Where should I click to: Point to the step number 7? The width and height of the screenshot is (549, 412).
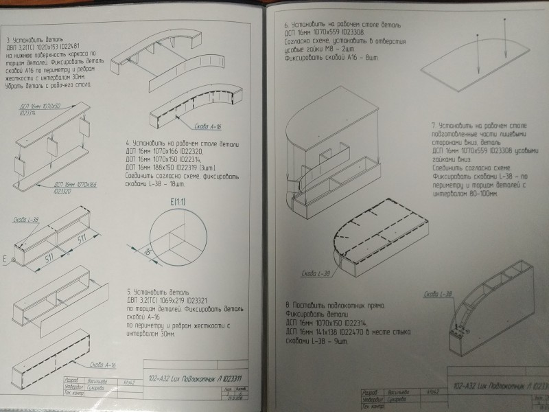click(433, 126)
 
